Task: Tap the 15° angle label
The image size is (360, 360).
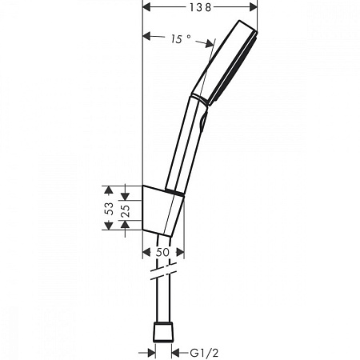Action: [182, 38]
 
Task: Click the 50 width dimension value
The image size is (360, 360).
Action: [164, 252]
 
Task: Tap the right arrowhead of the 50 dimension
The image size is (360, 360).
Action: [180, 252]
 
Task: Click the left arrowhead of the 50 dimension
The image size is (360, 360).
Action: [147, 252]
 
